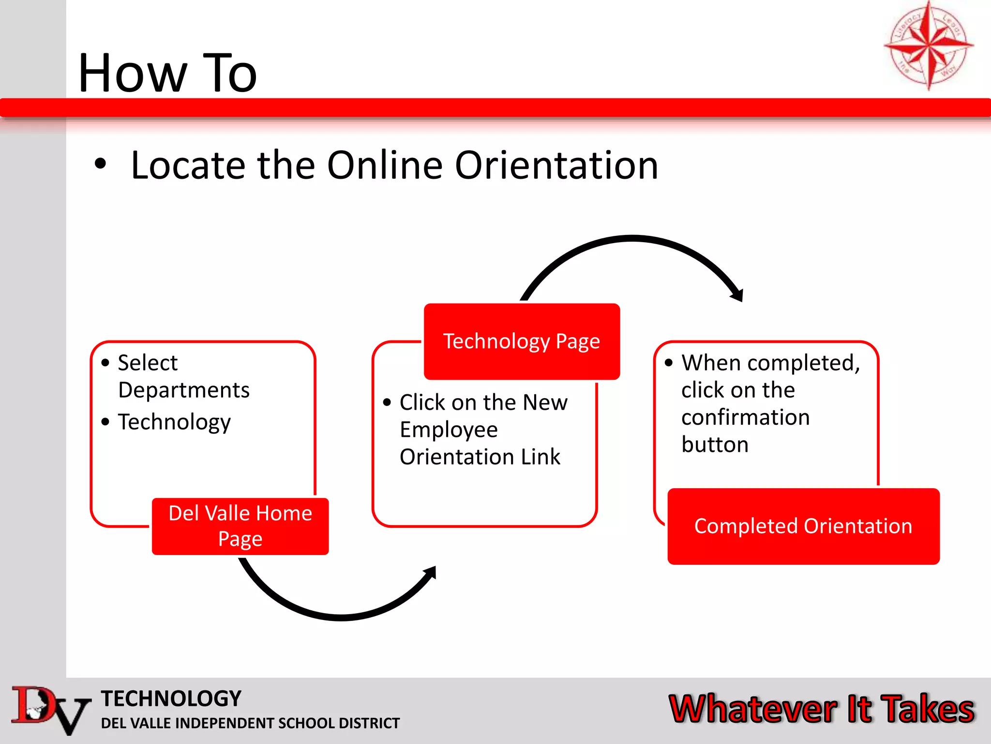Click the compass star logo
928,46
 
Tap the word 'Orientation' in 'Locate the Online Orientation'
556,165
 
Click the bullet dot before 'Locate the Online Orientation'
100,164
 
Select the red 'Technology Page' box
522,341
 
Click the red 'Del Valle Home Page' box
240,526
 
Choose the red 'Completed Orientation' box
803,527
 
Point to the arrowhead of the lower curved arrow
430,573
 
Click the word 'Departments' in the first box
184,390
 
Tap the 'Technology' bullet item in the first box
174,422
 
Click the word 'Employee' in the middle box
449,430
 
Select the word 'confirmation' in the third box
745,418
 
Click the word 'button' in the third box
715,445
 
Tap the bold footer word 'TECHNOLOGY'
171,698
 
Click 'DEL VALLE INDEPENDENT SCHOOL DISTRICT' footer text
250,723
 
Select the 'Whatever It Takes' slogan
821,709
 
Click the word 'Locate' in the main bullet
188,165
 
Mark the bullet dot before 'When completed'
669,363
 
